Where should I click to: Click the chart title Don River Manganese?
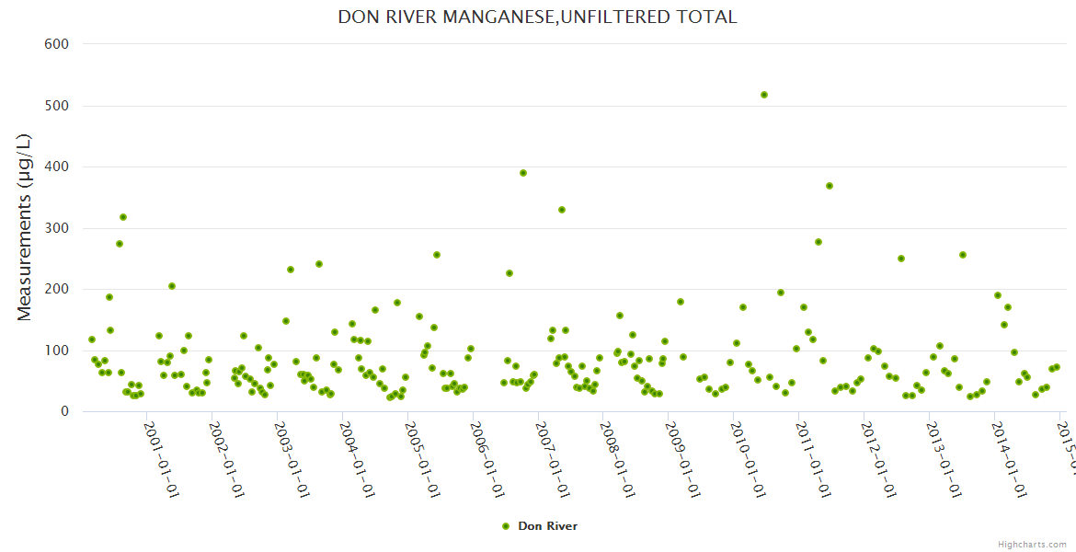pos(537,17)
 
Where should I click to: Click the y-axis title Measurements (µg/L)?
pos(25,227)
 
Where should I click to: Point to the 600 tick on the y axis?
pos(57,43)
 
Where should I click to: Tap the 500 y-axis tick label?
pos(57,106)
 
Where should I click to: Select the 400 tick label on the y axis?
pos(57,167)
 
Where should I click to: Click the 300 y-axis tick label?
pos(57,228)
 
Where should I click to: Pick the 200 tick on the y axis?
pos(57,289)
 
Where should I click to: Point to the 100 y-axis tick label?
pos(57,351)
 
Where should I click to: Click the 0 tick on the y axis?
pos(64,411)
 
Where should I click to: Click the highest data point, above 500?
pos(764,95)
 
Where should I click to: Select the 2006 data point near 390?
pos(523,173)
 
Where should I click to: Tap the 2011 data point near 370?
pos(830,186)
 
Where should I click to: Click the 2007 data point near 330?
pos(562,210)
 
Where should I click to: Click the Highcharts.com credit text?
pos(1032,544)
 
